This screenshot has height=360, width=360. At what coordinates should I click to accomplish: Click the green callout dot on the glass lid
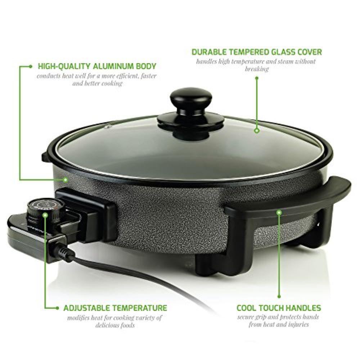click(x=257, y=131)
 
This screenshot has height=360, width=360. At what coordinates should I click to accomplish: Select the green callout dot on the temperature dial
click(x=45, y=215)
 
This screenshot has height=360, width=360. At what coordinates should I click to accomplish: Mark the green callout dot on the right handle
click(x=279, y=213)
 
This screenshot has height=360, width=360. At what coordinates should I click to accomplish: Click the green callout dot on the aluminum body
click(x=66, y=180)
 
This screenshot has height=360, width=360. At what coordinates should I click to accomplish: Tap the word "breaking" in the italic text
click(x=257, y=69)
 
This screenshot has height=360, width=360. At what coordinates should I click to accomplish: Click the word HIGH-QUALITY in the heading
click(x=64, y=66)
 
